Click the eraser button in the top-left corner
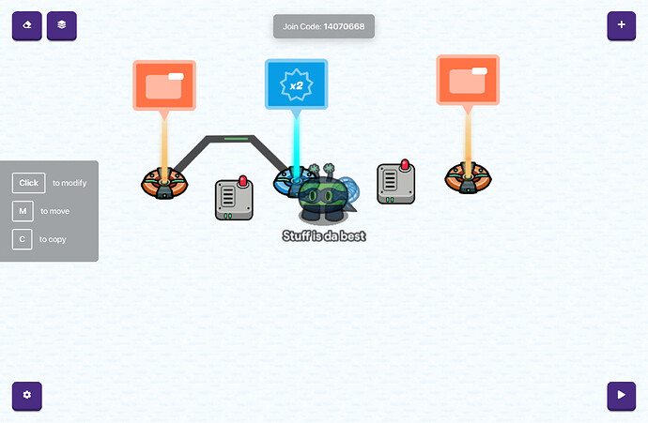click(26, 25)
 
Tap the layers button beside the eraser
click(62, 25)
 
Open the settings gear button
click(26, 396)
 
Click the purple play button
click(621, 396)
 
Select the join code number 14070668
click(344, 26)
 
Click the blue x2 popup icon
click(296, 84)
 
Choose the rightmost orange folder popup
click(468, 80)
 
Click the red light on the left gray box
click(242, 179)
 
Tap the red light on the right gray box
click(405, 165)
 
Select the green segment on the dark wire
click(237, 139)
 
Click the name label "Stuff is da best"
click(324, 235)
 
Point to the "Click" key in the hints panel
click(28, 183)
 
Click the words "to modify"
click(69, 183)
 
